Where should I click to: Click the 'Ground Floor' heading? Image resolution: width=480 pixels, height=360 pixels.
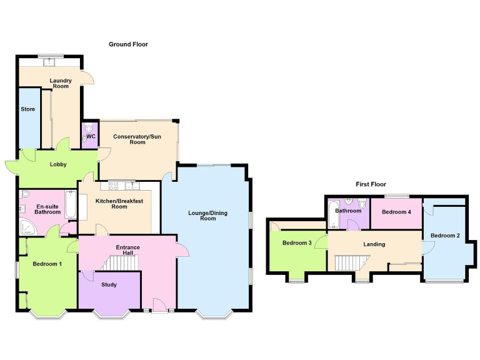point(128,44)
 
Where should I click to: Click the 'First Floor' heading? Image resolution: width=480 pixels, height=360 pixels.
point(371,184)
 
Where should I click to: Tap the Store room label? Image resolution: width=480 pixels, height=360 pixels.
point(27,109)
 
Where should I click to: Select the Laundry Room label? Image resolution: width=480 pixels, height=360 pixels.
point(61,83)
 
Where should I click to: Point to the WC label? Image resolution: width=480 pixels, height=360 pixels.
point(91,136)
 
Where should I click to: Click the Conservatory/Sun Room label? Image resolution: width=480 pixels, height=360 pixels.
point(137,139)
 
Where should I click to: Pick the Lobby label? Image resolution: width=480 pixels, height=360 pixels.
point(59,164)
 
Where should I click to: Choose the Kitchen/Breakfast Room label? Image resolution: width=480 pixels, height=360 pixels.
point(119,204)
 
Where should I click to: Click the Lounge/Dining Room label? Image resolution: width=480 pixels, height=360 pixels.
point(208,216)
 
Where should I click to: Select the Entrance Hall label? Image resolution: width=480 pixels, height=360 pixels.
point(127,251)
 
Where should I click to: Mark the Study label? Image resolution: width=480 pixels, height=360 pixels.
point(109,285)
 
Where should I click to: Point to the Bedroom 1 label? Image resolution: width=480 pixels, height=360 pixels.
point(47,264)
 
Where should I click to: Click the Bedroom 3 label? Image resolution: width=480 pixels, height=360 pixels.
point(297,243)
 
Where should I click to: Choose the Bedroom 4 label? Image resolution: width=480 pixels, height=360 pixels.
point(396,212)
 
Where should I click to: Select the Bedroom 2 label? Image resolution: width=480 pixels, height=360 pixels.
point(445,236)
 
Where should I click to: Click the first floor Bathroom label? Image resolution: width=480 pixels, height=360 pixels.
point(348,211)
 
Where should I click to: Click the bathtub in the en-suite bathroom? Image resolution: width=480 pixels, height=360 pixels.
point(69,207)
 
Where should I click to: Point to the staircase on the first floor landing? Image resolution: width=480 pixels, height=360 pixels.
point(346,263)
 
